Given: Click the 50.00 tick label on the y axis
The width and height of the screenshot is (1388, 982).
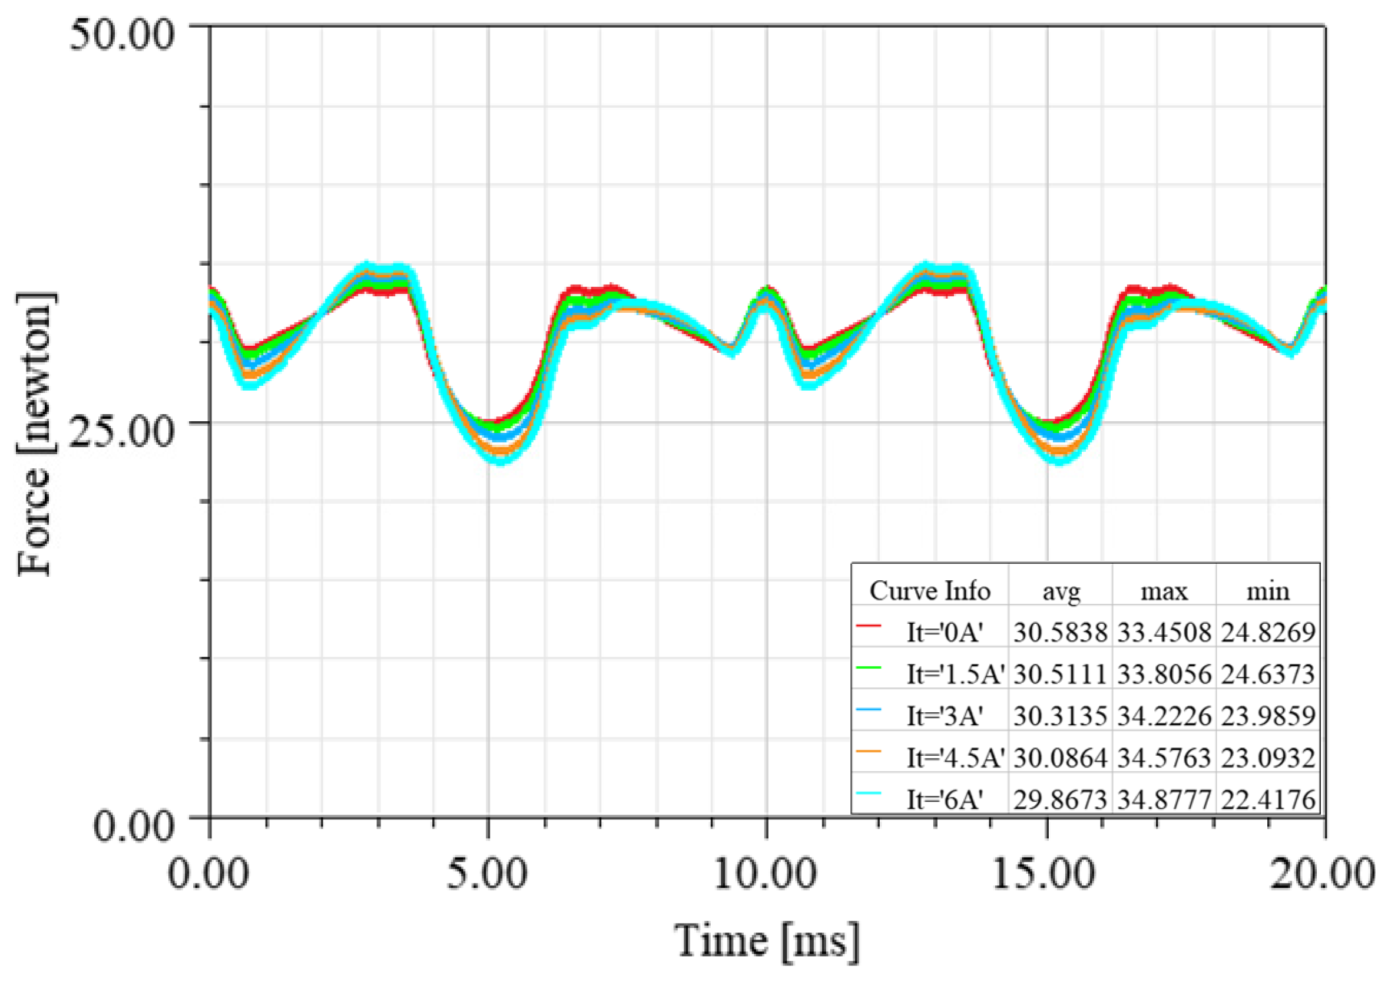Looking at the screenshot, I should pyautogui.click(x=122, y=35).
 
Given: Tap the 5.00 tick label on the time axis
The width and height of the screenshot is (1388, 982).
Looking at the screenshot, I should pyautogui.click(x=486, y=874).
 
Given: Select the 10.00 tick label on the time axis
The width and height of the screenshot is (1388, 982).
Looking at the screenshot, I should pyautogui.click(x=766, y=874).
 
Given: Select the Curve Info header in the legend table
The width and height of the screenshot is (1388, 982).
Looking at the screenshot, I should pyautogui.click(x=930, y=591).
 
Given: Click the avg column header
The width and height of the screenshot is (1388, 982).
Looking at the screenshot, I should pyautogui.click(x=1061, y=592).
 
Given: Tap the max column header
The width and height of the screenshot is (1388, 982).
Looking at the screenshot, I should pyautogui.click(x=1164, y=592).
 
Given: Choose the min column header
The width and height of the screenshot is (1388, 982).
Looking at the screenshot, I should pyautogui.click(x=1268, y=592).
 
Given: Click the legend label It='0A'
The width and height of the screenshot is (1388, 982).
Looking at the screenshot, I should pyautogui.click(x=945, y=633).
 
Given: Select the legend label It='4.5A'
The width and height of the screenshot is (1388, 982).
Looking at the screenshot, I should pyautogui.click(x=955, y=758).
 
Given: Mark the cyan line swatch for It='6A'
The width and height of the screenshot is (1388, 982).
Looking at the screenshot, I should pyautogui.click(x=869, y=793).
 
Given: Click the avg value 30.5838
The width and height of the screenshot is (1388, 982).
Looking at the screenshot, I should pyautogui.click(x=1061, y=633).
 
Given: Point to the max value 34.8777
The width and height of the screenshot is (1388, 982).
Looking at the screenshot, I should pyautogui.click(x=1164, y=800).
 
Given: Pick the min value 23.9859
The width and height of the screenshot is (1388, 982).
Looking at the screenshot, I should pyautogui.click(x=1268, y=716).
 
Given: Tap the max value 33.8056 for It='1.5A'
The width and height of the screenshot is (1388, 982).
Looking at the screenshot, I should pyautogui.click(x=1164, y=674).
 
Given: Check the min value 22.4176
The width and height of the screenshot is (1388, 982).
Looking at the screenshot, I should pyautogui.click(x=1268, y=800).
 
